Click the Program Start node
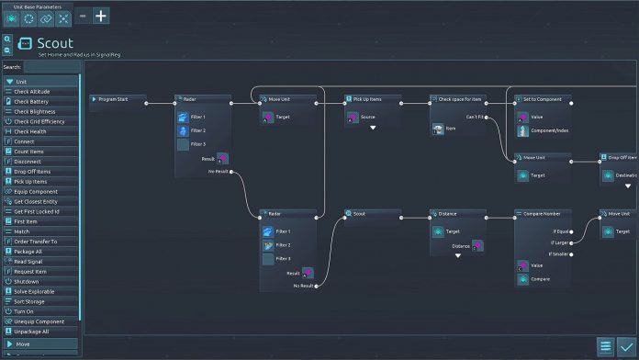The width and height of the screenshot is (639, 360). pyautogui.click(x=118, y=98)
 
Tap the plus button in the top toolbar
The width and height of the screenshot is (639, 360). pyautogui.click(x=101, y=16)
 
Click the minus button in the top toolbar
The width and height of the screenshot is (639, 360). pyautogui.click(x=82, y=16)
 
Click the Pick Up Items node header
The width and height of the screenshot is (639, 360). pyautogui.click(x=373, y=98)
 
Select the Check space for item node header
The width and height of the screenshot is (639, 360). pyautogui.click(x=457, y=98)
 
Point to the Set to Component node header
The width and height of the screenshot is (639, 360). pyautogui.click(x=542, y=98)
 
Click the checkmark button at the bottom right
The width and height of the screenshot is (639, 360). pyautogui.click(x=626, y=346)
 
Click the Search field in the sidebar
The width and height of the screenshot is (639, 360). pyautogui.click(x=51, y=67)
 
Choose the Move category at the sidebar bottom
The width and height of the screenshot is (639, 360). pyautogui.click(x=39, y=344)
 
